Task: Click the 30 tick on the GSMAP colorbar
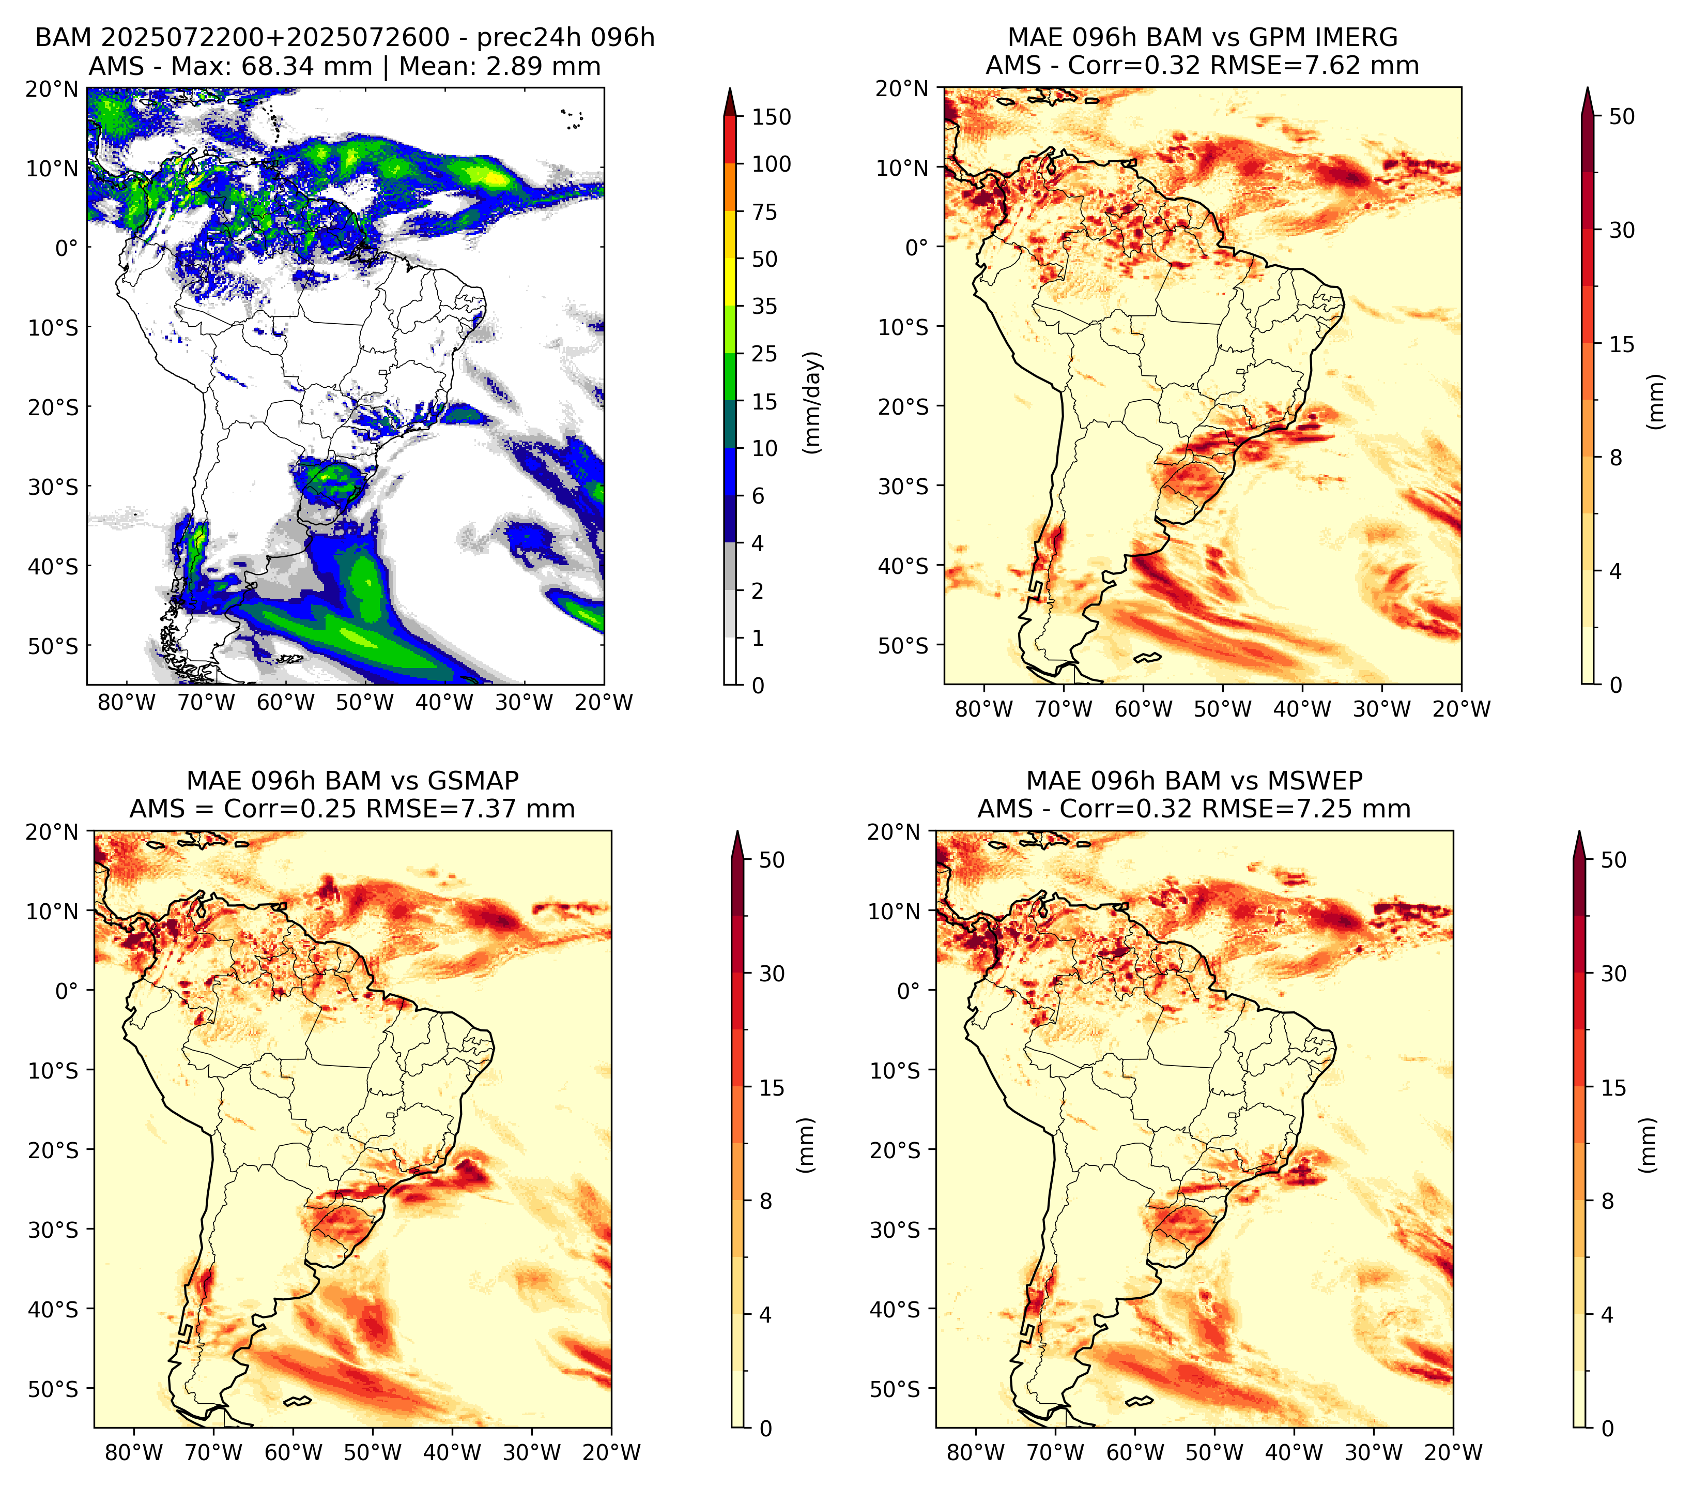(x=772, y=974)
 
